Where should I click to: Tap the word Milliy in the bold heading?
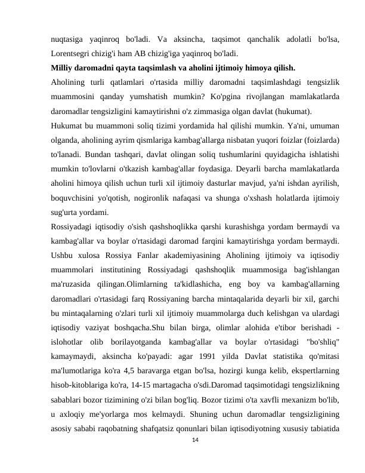pos(62,67)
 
